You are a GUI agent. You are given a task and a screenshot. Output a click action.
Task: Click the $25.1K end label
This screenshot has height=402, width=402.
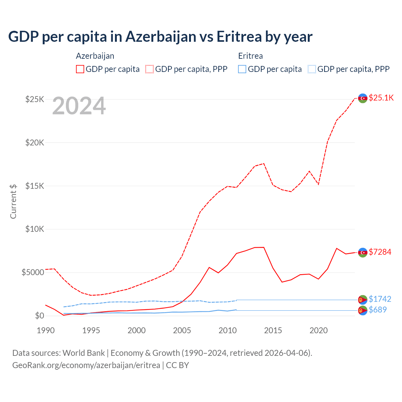(x=381, y=98)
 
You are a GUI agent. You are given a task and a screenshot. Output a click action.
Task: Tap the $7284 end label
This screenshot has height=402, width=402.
(x=380, y=252)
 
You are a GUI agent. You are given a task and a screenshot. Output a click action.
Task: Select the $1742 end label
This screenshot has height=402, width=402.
(x=380, y=299)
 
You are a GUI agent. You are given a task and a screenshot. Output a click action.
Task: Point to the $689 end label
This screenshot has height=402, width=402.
(x=378, y=310)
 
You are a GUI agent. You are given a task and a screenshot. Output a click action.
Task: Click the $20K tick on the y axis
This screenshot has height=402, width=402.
(x=35, y=143)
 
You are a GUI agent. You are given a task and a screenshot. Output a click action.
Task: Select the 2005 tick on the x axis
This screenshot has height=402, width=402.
(x=182, y=330)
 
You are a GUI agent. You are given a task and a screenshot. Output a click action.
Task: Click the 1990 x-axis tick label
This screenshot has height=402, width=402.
(x=46, y=330)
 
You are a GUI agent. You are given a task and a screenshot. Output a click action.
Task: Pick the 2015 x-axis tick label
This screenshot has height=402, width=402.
(x=273, y=330)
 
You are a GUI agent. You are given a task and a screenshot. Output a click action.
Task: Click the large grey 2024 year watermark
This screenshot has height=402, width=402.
(x=79, y=106)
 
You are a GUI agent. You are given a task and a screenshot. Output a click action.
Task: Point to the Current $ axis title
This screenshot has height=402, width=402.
(x=13, y=201)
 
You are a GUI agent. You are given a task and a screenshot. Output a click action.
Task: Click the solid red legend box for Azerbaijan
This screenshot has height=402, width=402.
(x=80, y=69)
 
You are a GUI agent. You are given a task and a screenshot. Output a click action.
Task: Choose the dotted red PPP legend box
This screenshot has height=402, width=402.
(x=150, y=69)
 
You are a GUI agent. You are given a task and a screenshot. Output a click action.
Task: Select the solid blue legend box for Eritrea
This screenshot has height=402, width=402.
(x=242, y=69)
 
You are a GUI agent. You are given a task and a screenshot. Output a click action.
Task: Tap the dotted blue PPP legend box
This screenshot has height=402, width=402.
(x=312, y=69)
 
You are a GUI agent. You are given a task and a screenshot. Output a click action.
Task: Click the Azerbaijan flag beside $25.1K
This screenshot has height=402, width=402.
(x=363, y=98)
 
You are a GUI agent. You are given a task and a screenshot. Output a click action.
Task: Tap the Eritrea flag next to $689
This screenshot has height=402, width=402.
(x=363, y=310)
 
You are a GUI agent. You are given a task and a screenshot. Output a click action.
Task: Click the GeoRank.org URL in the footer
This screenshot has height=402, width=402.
(x=86, y=365)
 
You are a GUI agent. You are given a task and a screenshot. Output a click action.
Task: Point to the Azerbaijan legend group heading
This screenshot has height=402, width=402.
(x=95, y=56)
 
